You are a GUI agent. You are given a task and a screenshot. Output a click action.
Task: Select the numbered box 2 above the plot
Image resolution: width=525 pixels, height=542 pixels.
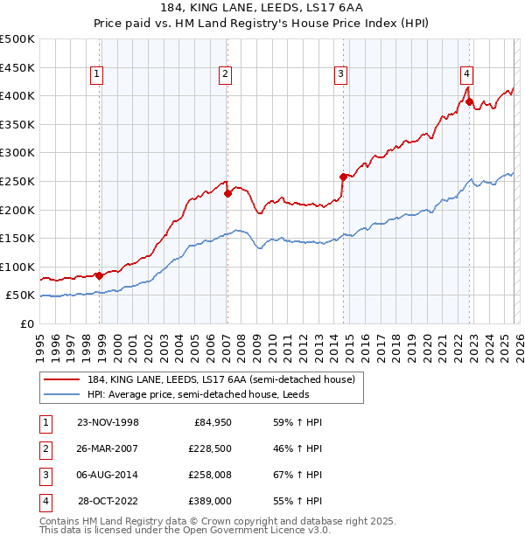[x=225, y=74]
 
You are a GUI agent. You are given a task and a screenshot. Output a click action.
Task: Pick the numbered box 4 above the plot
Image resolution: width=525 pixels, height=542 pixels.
[x=467, y=74]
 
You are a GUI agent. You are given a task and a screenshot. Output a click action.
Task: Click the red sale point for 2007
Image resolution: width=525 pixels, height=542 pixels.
[x=227, y=193]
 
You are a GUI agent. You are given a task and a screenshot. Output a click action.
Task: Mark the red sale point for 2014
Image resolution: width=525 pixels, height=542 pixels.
[x=343, y=177]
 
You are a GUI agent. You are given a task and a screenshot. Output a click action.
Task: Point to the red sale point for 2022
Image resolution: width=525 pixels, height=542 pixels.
[x=470, y=102]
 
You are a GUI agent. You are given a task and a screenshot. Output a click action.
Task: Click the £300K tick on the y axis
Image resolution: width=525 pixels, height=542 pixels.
[x=18, y=152]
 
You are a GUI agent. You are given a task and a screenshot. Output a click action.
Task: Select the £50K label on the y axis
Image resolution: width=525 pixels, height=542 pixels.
[x=21, y=295]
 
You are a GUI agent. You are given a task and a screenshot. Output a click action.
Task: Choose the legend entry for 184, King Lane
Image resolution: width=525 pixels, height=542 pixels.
[x=220, y=379]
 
